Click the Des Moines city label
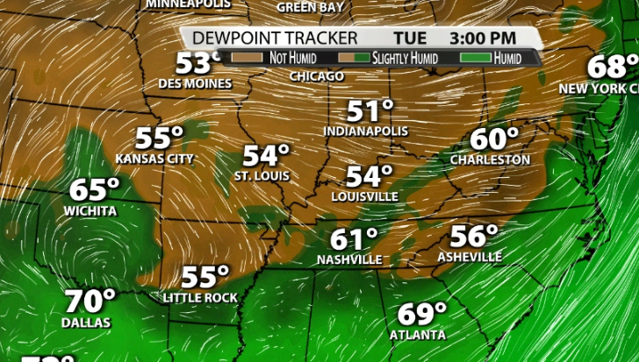195,84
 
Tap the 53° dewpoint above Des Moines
197,63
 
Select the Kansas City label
154,159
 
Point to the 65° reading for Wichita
94,189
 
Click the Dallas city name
86,323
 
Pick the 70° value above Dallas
90,302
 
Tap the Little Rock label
199,298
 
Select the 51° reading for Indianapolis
370,111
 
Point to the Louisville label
364,196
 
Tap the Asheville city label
470,257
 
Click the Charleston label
490,160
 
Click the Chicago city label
316,76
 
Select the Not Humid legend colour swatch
249,58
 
